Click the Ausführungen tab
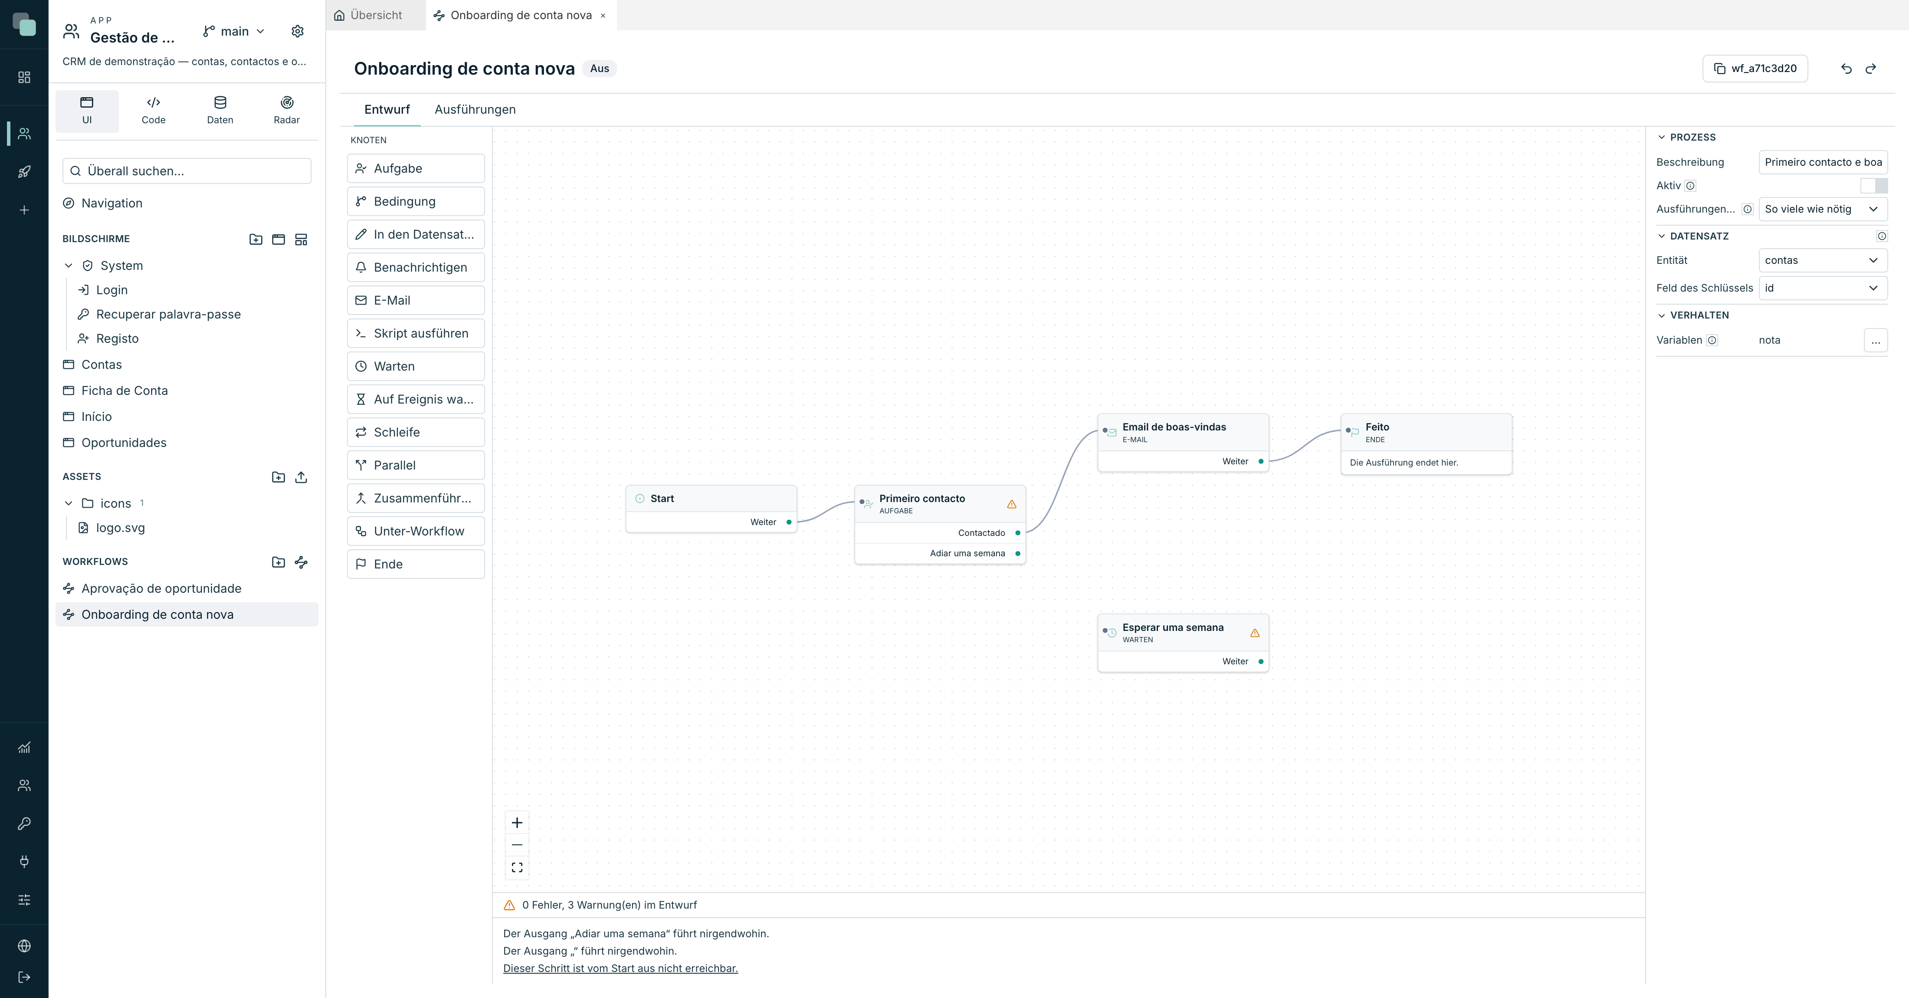point(475,110)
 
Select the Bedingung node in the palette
point(416,201)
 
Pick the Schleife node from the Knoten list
point(416,432)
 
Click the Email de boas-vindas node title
point(1174,427)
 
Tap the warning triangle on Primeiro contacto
point(1012,504)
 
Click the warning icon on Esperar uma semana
point(1255,633)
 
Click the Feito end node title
point(1377,427)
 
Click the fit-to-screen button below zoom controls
point(517,867)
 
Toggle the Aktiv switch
point(1874,185)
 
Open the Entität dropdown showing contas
point(1822,260)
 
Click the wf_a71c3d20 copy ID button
point(1755,68)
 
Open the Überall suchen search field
point(187,171)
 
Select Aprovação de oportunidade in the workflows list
point(161,588)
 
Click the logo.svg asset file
point(120,528)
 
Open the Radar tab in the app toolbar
point(287,110)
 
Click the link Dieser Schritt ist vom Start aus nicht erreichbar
point(620,968)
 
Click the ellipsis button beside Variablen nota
point(1876,341)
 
